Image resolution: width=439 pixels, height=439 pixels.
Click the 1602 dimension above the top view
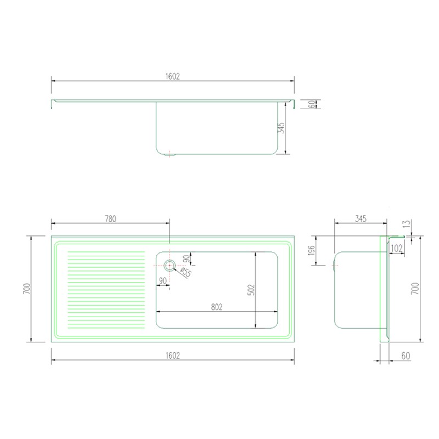tap(172, 76)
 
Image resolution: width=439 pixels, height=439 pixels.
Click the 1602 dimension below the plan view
tap(172, 355)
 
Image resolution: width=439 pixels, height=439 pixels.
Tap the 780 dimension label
tap(110, 218)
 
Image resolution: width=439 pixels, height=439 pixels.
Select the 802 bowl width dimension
tap(217, 307)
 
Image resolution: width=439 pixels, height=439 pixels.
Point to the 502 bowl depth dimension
tap(251, 290)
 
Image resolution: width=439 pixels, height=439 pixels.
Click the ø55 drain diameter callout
tap(185, 272)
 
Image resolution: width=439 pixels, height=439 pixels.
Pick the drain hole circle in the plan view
tap(170, 266)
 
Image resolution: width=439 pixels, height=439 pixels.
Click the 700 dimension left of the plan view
tap(26, 289)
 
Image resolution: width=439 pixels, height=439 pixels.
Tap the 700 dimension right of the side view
tap(415, 289)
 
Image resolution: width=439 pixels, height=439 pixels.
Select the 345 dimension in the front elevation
tap(281, 128)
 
